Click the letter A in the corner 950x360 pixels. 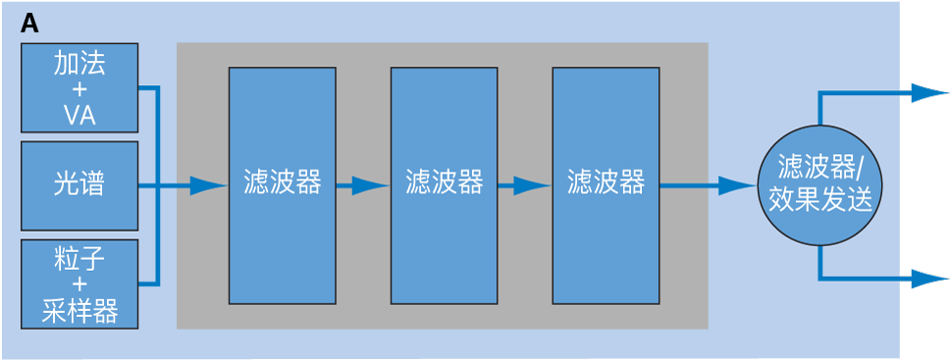pyautogui.click(x=29, y=25)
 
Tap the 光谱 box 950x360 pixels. pyautogui.click(x=79, y=185)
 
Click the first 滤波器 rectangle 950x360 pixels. pyautogui.click(x=282, y=185)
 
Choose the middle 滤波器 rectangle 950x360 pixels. pyautogui.click(x=444, y=185)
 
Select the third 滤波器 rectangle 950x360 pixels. pyautogui.click(x=606, y=185)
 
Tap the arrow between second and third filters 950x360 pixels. pyautogui.click(x=527, y=185)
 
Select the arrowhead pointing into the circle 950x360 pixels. pyautogui.click(x=736, y=185)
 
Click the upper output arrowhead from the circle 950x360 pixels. pyautogui.click(x=925, y=93)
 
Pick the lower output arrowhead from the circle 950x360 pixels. pyautogui.click(x=925, y=280)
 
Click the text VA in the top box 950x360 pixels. pyautogui.click(x=79, y=116)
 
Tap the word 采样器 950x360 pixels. pyautogui.click(x=80, y=312)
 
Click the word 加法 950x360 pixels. pyautogui.click(x=79, y=66)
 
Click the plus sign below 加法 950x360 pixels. pyautogui.click(x=79, y=90)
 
